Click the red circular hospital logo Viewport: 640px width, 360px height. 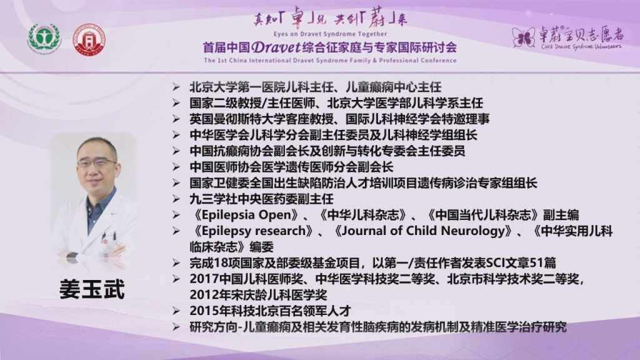[89, 39]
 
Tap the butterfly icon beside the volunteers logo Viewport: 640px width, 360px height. [524, 37]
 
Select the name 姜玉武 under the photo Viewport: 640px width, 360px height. [92, 289]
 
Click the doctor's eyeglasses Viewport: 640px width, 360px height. [96, 163]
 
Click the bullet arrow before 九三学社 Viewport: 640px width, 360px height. [176, 199]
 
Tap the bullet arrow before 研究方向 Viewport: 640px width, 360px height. [176, 327]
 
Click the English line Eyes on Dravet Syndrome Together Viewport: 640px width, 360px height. [330, 34]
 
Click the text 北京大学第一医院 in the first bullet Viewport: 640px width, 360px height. [237, 87]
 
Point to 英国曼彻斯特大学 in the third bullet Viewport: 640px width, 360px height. [237, 119]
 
